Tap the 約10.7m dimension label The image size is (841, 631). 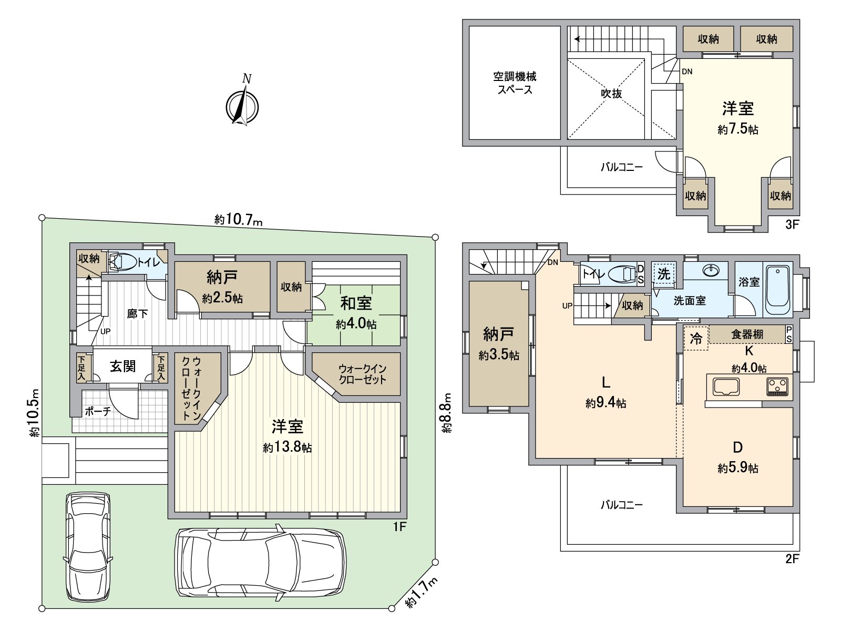click(x=238, y=220)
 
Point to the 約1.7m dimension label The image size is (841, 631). click(x=422, y=592)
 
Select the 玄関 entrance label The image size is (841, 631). click(x=123, y=367)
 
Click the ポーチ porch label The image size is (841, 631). click(x=98, y=412)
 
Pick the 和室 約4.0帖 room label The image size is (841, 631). click(x=356, y=313)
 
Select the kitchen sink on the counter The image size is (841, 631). click(x=726, y=386)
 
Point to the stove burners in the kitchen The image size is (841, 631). click(x=777, y=386)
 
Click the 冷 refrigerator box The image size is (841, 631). click(x=696, y=338)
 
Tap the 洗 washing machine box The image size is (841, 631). click(x=664, y=274)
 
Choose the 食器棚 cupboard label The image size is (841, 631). click(x=747, y=334)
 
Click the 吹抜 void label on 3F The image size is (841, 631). click(x=611, y=93)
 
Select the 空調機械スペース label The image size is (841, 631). click(x=515, y=83)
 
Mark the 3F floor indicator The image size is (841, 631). click(x=792, y=225)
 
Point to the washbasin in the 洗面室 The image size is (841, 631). click(x=711, y=270)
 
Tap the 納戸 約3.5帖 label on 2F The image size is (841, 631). click(x=499, y=344)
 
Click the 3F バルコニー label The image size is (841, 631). click(x=621, y=167)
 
